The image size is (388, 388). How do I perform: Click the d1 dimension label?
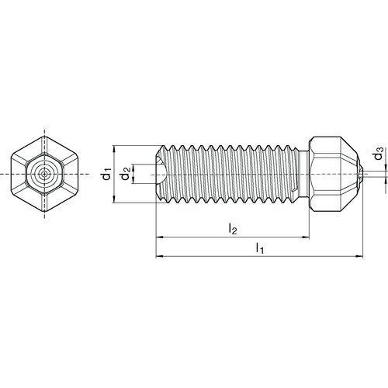pyautogui.click(x=106, y=175)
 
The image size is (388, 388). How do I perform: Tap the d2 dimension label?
pyautogui.click(x=126, y=174)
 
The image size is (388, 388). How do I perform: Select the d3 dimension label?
pyautogui.click(x=379, y=154)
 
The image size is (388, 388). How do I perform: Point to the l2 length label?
pyautogui.click(x=233, y=229)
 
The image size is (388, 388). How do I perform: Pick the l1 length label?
pyautogui.click(x=260, y=248)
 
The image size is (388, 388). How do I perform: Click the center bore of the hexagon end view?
pyautogui.click(x=45, y=174)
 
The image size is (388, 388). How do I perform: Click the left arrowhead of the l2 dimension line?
pyautogui.click(x=159, y=237)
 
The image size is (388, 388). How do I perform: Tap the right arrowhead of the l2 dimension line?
pyautogui.click(x=306, y=237)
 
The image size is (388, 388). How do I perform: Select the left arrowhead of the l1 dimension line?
pyautogui.click(x=159, y=256)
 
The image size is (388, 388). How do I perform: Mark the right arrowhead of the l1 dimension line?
pyautogui.click(x=359, y=256)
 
